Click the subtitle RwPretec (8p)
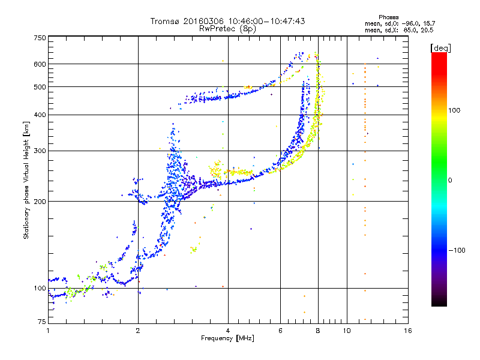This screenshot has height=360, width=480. pyautogui.click(x=227, y=29)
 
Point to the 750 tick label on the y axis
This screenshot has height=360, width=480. pyautogui.click(x=40, y=38)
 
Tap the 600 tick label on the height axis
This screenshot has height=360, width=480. pyautogui.click(x=40, y=64)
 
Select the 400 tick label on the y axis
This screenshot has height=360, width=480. pyautogui.click(x=40, y=115)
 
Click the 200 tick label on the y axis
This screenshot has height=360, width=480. pyautogui.click(x=40, y=201)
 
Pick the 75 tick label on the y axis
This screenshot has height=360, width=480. pyautogui.click(x=42, y=322)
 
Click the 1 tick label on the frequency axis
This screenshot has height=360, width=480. pyautogui.click(x=48, y=331)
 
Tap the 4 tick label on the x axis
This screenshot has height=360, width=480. pyautogui.click(x=228, y=331)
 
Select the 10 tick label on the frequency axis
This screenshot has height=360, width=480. pyautogui.click(x=347, y=331)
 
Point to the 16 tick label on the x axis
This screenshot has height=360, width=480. pyautogui.click(x=408, y=331)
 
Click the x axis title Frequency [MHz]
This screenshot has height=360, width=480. pyautogui.click(x=227, y=338)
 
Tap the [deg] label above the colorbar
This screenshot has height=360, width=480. pyautogui.click(x=440, y=48)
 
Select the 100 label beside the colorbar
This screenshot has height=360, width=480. pyautogui.click(x=454, y=110)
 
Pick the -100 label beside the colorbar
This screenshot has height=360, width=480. pyautogui.click(x=457, y=250)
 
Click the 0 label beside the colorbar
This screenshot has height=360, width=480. pyautogui.click(x=450, y=181)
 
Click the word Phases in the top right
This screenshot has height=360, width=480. pyautogui.click(x=389, y=17)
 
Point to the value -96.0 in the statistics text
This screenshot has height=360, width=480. pyautogui.click(x=410, y=23)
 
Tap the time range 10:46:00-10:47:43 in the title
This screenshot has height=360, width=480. pyautogui.click(x=266, y=21)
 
